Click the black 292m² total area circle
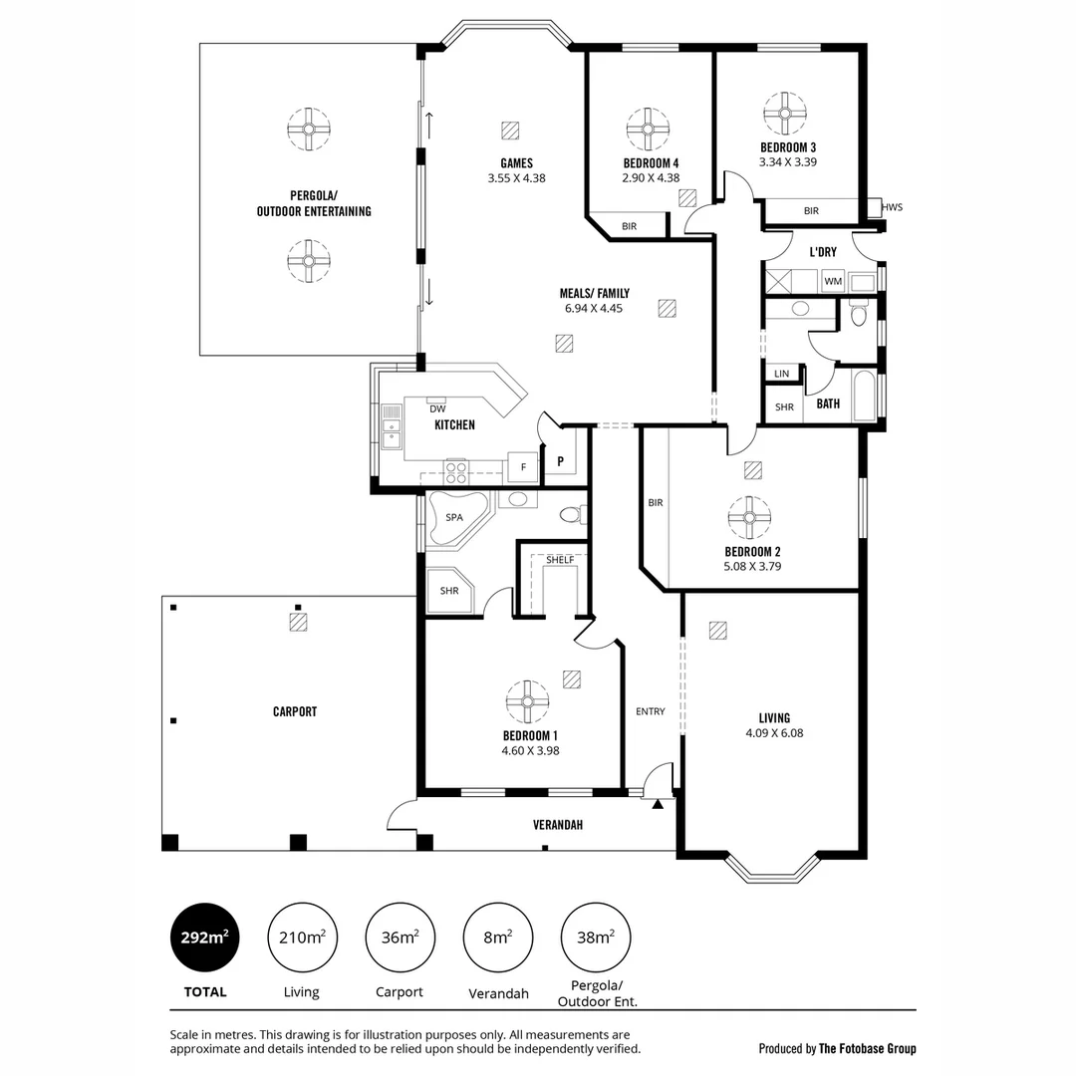(x=205, y=938)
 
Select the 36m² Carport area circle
(x=399, y=938)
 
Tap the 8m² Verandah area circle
(x=497, y=938)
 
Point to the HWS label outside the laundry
(x=892, y=207)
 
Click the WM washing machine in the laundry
(x=833, y=282)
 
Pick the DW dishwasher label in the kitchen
(x=436, y=408)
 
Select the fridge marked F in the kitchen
(x=522, y=466)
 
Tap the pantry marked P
(x=561, y=461)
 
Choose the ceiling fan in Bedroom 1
(x=527, y=701)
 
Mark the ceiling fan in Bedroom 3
(x=785, y=114)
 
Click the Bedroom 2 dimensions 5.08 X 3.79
(x=752, y=567)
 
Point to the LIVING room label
(x=773, y=717)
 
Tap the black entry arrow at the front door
(x=657, y=803)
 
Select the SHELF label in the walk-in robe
(x=560, y=559)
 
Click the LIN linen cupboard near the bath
(x=781, y=374)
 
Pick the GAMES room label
(x=516, y=163)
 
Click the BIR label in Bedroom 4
(x=629, y=227)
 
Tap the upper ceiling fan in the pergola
(x=309, y=129)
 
